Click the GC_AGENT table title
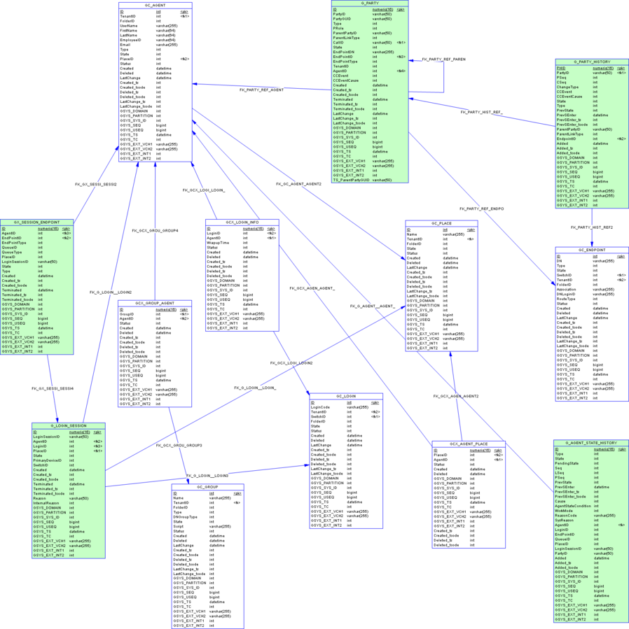pyautogui.click(x=155, y=5)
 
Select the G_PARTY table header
pyautogui.click(x=371, y=3)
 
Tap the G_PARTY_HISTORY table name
pyautogui.click(x=591, y=62)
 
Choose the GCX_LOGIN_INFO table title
pyautogui.click(x=242, y=222)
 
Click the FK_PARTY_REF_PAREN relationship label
pyautogui.click(x=443, y=59)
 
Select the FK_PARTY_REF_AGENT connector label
pyautogui.click(x=262, y=90)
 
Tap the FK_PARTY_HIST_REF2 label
pyautogui.click(x=592, y=227)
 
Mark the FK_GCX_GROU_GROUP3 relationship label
pyautogui.click(x=179, y=445)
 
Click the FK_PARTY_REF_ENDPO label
pyautogui.click(x=481, y=209)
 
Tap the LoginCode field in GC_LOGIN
pyautogui.click(x=320, y=407)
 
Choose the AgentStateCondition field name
pyautogui.click(x=574, y=506)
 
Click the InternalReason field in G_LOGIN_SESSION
pyautogui.click(x=46, y=502)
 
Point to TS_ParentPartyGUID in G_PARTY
pyautogui.click(x=351, y=180)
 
